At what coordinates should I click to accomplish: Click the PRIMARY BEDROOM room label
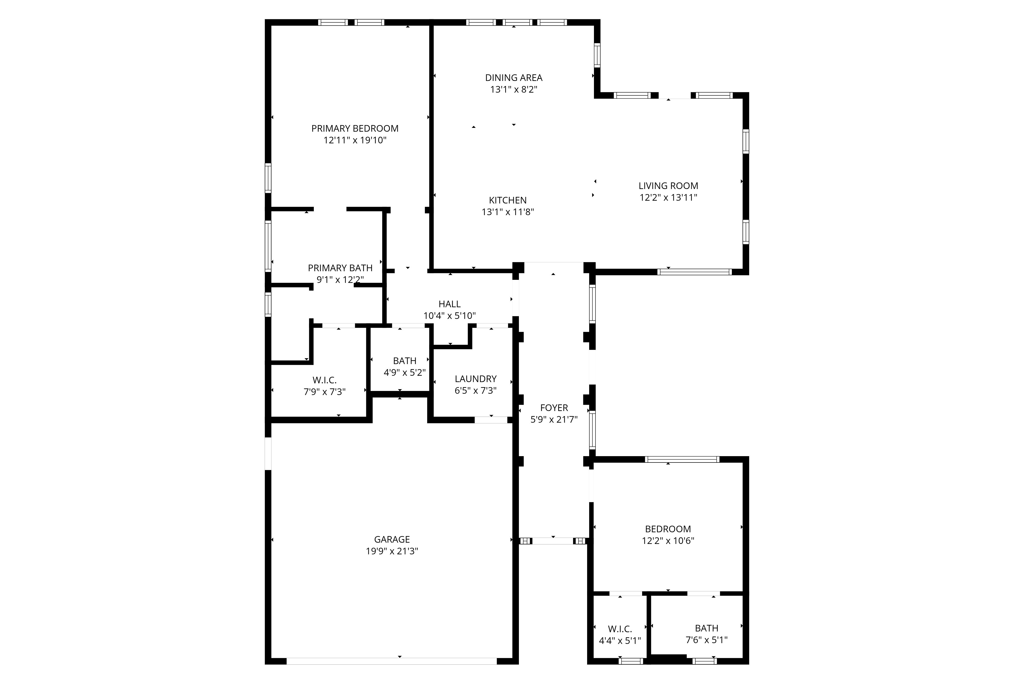click(x=355, y=128)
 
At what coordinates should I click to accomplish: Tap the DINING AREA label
click(x=514, y=78)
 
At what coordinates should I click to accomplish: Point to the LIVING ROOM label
click(x=668, y=186)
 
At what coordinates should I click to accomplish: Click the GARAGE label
click(x=392, y=539)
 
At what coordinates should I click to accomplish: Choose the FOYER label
click(x=554, y=408)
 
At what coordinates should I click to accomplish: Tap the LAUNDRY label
click(x=476, y=379)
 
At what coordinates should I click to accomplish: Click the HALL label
click(x=449, y=304)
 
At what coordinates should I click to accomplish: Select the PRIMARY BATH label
click(x=340, y=268)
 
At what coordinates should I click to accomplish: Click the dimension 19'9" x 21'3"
click(x=392, y=551)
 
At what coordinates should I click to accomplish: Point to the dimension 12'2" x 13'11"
click(x=668, y=197)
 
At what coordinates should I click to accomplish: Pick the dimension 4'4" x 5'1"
click(x=620, y=641)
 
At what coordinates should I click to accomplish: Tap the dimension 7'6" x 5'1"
click(x=707, y=640)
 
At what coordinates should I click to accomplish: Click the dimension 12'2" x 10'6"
click(x=667, y=541)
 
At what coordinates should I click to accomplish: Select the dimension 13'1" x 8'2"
click(x=514, y=90)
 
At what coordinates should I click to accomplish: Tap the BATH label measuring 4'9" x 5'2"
click(x=405, y=361)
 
